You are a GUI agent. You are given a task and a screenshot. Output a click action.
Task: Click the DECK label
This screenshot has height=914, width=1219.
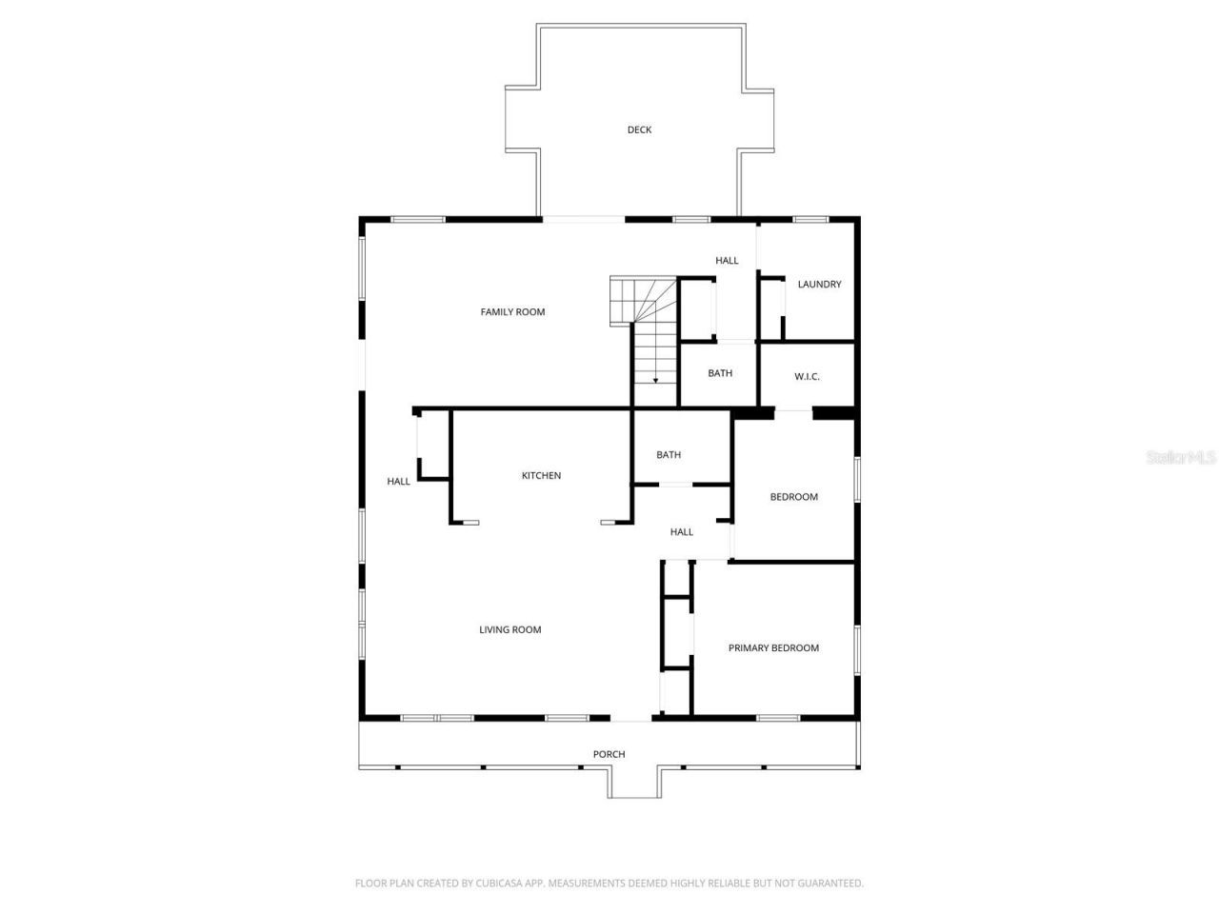coord(639,129)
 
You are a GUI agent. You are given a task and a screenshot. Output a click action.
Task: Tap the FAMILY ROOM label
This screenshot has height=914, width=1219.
coord(512,312)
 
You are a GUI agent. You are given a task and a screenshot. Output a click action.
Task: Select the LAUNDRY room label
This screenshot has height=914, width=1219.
coord(819,285)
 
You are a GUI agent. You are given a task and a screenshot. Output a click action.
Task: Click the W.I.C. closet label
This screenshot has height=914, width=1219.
coord(807,377)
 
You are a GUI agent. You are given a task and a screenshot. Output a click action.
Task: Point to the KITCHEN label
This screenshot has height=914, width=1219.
coord(541,476)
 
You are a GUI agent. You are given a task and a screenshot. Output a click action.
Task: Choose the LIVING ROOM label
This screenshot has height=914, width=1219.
coord(510,629)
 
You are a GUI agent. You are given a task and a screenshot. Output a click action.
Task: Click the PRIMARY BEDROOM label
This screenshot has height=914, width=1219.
coord(773,648)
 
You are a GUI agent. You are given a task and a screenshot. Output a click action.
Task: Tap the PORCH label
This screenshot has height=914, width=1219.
coord(609,754)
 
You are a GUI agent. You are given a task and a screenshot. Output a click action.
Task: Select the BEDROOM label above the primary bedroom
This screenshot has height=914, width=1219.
coord(793,497)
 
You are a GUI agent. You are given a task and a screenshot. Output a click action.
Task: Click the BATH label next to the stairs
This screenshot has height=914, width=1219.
coord(720,373)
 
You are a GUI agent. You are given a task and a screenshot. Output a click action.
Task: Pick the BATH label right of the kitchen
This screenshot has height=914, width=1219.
coord(669,455)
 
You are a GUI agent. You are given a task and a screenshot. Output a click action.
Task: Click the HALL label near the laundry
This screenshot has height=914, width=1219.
coord(727,261)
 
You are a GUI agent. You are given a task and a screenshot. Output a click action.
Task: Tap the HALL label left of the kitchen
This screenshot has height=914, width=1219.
coord(398,482)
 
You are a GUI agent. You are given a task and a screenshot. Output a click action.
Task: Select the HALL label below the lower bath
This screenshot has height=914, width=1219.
coord(682,532)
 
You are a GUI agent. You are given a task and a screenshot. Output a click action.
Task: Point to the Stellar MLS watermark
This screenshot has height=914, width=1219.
coord(1181,458)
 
